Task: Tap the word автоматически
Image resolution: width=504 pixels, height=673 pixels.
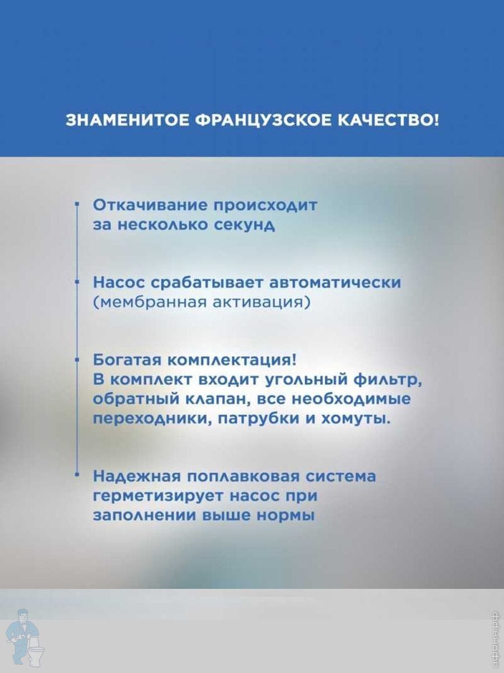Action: [334, 283]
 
